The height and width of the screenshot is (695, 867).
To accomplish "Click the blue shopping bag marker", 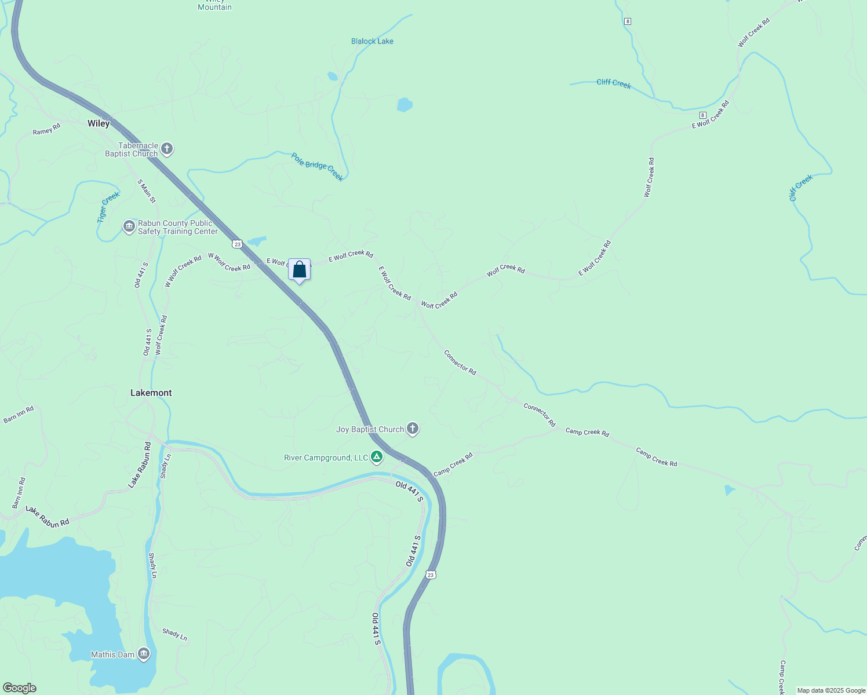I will [299, 270].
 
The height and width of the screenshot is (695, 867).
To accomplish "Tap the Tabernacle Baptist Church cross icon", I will [167, 149].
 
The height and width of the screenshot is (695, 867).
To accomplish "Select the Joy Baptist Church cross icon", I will [413, 429].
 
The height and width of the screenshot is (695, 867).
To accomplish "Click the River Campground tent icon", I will [377, 458].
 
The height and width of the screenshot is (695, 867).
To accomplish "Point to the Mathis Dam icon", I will [144, 654].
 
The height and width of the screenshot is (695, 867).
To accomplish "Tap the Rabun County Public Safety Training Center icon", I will [129, 226].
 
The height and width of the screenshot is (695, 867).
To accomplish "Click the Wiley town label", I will [99, 123].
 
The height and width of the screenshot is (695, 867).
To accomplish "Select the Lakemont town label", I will [151, 393].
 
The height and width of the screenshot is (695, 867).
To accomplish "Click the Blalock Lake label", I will [372, 41].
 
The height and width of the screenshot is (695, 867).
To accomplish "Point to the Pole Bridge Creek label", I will [317, 167].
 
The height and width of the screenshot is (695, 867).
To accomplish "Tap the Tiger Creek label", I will [108, 207].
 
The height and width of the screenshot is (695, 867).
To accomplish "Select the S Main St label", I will [147, 191].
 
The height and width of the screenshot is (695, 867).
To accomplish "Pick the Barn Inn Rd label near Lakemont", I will [19, 415].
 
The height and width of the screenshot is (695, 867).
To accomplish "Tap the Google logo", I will [19, 688].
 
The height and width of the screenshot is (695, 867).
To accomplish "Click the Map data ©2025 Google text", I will [831, 690].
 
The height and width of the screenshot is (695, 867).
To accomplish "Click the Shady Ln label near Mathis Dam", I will [174, 634].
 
